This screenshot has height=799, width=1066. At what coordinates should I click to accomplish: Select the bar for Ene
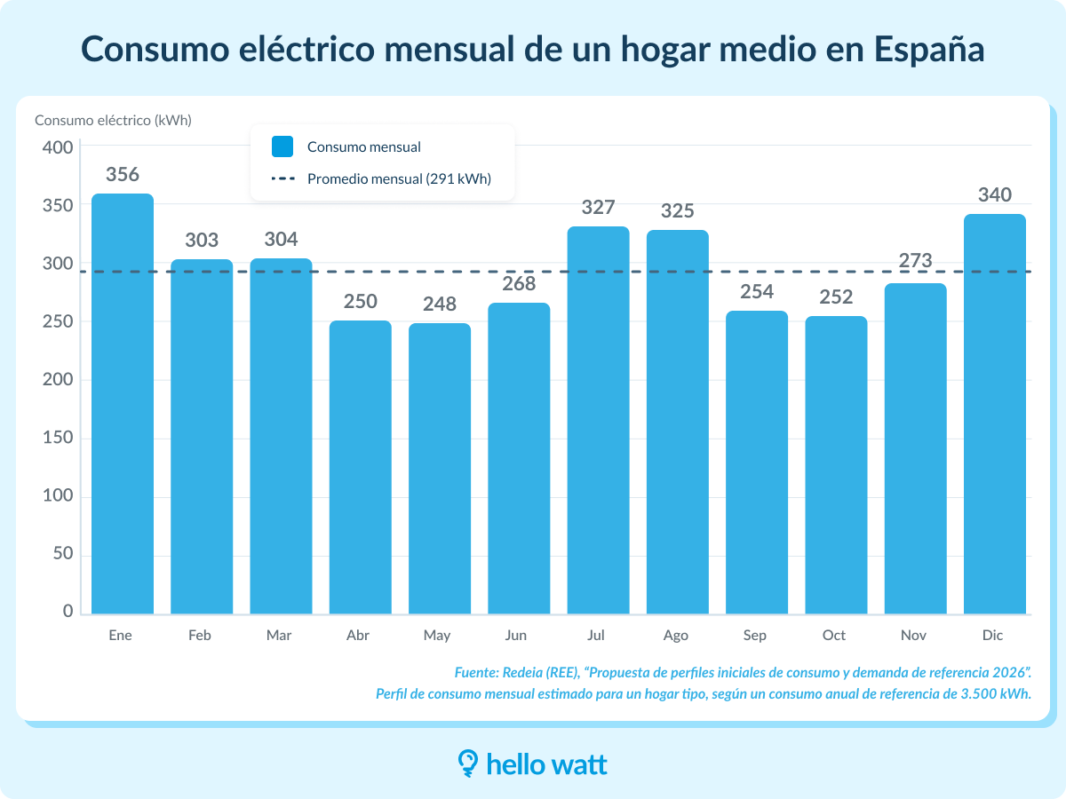[123, 404]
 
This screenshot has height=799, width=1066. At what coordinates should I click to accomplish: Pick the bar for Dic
[994, 414]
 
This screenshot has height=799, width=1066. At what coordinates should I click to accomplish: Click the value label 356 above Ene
[123, 174]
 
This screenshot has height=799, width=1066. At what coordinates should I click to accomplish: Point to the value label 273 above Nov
[915, 261]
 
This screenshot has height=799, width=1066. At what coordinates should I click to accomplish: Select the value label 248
[440, 304]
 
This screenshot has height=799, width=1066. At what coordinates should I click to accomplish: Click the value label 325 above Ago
[677, 211]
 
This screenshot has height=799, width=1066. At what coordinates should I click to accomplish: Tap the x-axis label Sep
[755, 636]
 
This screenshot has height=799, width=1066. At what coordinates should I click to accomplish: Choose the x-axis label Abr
[359, 636]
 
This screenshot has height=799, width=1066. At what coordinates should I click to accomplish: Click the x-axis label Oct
[834, 636]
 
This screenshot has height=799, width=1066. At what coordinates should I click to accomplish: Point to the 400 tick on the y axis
[58, 147]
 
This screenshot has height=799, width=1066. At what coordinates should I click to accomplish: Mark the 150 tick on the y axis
[58, 439]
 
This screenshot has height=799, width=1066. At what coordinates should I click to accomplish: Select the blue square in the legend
[282, 146]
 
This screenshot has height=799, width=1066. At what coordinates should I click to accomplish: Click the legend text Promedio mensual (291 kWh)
[399, 178]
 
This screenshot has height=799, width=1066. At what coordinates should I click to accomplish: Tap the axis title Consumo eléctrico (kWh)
[113, 121]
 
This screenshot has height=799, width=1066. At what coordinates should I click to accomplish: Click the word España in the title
[930, 49]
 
